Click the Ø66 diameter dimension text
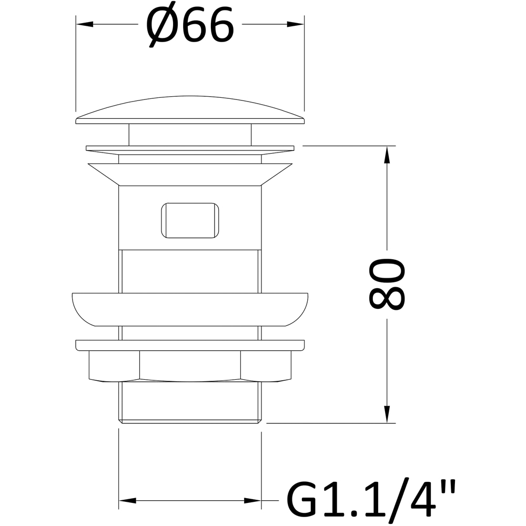point(189,25)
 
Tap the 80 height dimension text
point(387,284)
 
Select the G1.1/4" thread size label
point(371,500)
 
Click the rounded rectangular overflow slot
point(190,220)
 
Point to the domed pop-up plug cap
point(190,110)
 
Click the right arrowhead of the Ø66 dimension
point(296,24)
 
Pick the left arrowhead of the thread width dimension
point(127,501)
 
